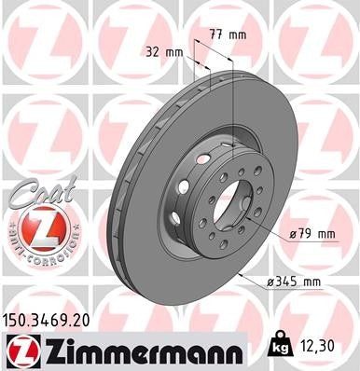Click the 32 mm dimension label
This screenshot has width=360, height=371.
[162, 51]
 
